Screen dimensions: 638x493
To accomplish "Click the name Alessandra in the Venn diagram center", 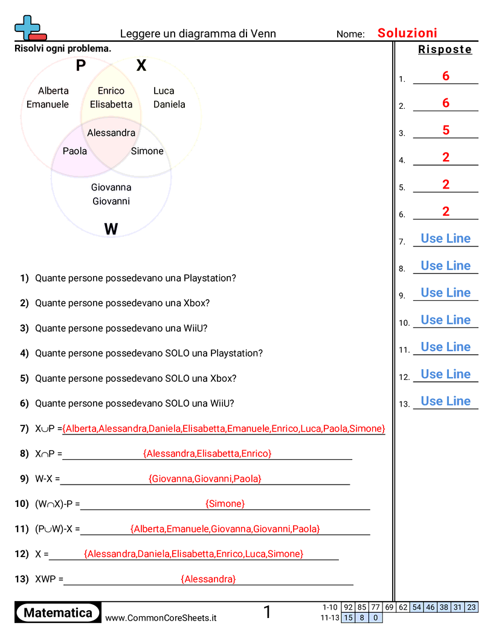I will tap(111, 132).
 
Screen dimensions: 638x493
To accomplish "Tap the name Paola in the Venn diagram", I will tap(75, 151).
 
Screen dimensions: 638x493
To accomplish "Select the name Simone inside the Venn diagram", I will tap(147, 151).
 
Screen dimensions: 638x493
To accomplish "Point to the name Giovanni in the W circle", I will tap(111, 201).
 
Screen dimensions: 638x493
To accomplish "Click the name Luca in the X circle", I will tap(164, 91).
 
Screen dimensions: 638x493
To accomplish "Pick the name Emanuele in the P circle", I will tap(48, 104).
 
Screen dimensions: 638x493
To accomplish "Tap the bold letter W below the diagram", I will tap(111, 229).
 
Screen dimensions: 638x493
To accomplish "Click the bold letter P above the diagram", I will tap(81, 66).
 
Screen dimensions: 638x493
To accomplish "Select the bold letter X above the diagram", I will tap(141, 66).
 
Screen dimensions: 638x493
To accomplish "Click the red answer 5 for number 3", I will tap(446, 130).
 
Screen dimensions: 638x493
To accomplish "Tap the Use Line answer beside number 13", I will tap(446, 401).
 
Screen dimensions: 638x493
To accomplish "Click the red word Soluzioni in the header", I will tap(407, 33).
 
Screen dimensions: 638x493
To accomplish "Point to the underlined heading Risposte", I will tap(445, 50).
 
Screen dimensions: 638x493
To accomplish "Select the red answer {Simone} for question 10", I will tap(225, 503).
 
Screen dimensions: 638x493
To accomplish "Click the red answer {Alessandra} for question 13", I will tap(208, 579).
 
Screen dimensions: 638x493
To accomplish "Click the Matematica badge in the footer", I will tap(58, 613).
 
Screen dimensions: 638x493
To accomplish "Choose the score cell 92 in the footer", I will tap(348, 607).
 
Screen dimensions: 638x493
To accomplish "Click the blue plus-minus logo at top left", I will tap(29, 28).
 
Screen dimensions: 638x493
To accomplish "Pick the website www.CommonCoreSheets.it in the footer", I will tap(161, 617).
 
